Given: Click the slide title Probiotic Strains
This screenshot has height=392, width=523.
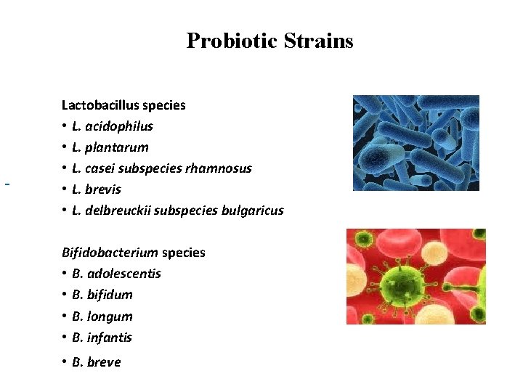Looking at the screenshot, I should pyautogui.click(x=269, y=41).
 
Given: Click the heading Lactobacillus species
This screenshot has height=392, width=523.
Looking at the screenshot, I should pyautogui.click(x=123, y=105).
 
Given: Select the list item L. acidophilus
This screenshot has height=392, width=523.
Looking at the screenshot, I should pyautogui.click(x=113, y=126).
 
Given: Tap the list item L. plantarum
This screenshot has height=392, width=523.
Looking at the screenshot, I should pyautogui.click(x=110, y=147).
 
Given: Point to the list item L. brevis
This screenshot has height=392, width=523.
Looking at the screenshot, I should pyautogui.click(x=97, y=189).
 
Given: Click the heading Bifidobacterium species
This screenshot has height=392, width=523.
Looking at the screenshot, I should pyautogui.click(x=134, y=253).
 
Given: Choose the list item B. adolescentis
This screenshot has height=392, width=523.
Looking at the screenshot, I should pyautogui.click(x=117, y=274).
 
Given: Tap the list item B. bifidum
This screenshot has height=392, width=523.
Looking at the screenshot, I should pyautogui.click(x=102, y=295).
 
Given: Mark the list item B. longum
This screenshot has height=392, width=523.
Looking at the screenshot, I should pyautogui.click(x=102, y=317).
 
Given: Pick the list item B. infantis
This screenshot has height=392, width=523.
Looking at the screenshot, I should pyautogui.click(x=102, y=338).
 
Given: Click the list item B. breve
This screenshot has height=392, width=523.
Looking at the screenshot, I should pyautogui.click(x=97, y=362).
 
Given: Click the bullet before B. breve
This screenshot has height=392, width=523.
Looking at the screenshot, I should pyautogui.click(x=65, y=362).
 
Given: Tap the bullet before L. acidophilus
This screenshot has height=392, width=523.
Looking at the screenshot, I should pyautogui.click(x=65, y=126).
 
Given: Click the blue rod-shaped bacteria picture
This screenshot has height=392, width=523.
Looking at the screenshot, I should pyautogui.click(x=415, y=143).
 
